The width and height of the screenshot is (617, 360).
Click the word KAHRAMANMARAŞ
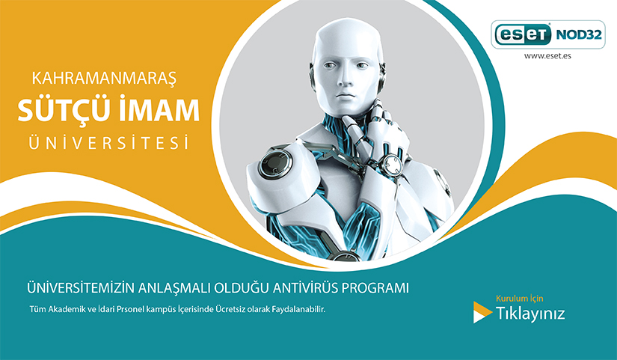point(104,78)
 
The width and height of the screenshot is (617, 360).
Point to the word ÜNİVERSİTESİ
point(108,143)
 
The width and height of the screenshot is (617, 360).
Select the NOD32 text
point(578,35)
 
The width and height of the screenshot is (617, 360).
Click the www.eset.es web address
point(547,55)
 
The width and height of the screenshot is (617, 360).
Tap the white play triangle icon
point(482,312)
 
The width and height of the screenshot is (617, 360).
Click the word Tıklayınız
point(530,314)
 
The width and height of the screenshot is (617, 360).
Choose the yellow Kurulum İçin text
point(520,298)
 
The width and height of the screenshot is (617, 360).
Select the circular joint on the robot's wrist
point(392,164)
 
